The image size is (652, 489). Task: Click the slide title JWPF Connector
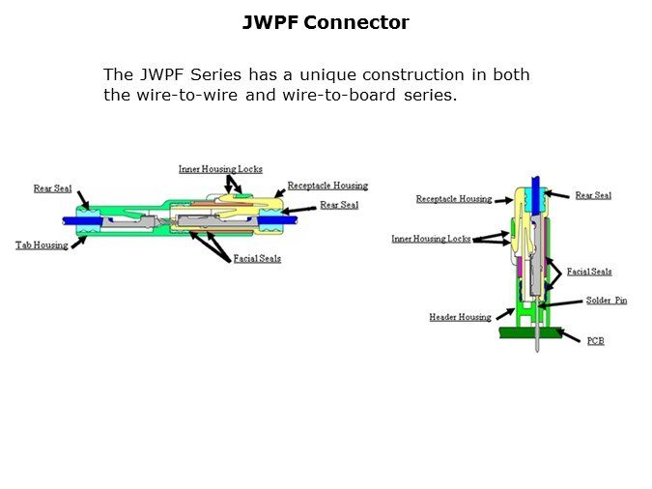coord(326,22)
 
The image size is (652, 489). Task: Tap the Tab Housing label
coord(42,245)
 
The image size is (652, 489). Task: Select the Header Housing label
coord(460,317)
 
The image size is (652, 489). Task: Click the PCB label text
coord(596,341)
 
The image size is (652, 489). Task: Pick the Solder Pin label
coord(606,301)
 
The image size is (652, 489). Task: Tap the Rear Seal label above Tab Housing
coord(53,188)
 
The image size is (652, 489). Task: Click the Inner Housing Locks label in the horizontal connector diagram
coord(220,169)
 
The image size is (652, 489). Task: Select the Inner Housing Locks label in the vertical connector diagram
coord(431,239)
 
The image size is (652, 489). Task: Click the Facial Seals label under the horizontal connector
coord(257,259)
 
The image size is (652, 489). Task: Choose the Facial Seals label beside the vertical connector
coord(589,272)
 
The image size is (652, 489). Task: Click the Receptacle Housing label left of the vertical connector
coord(454,199)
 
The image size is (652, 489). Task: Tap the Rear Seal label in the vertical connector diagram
coord(593,195)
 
